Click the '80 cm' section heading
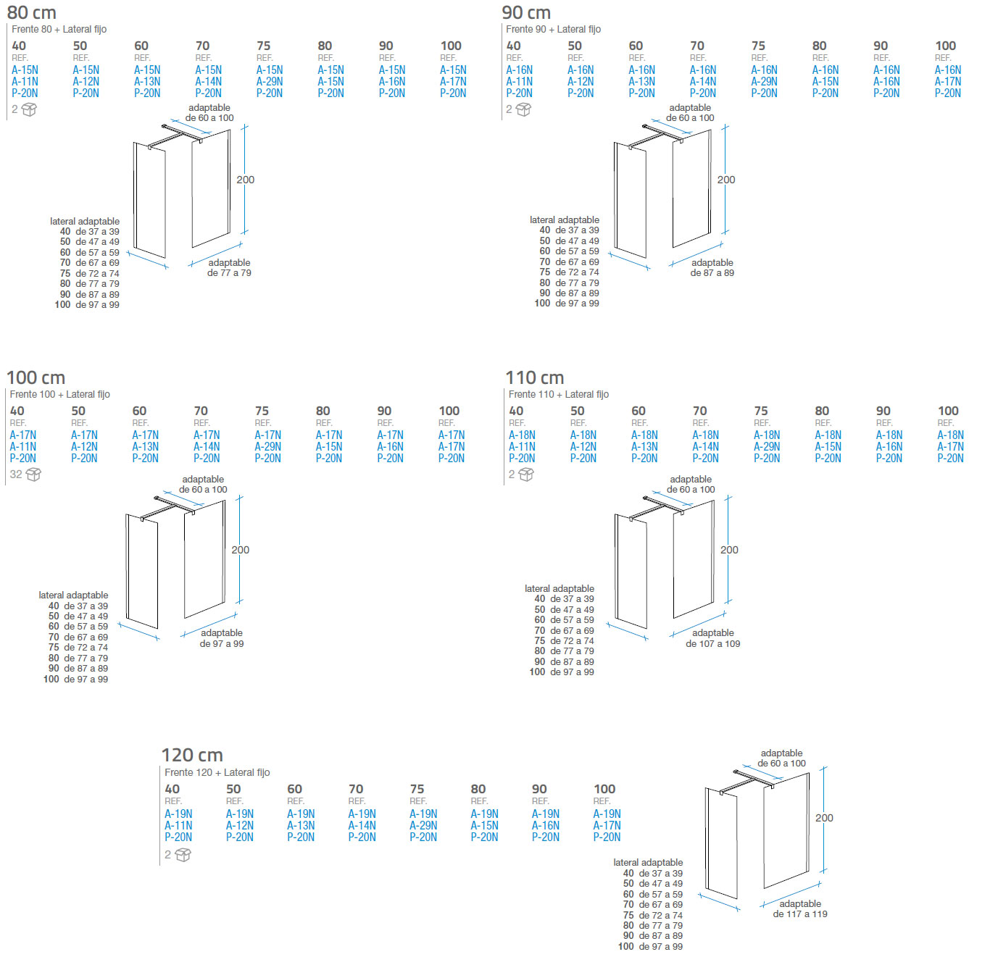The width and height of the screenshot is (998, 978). pyautogui.click(x=31, y=12)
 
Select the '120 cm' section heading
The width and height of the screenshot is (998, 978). pyautogui.click(x=192, y=755)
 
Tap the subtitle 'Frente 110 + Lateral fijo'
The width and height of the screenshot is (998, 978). pyautogui.click(x=558, y=394)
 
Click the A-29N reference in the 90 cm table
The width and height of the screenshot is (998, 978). pyautogui.click(x=764, y=82)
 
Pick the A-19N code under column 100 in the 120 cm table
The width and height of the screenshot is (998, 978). pyautogui.click(x=607, y=814)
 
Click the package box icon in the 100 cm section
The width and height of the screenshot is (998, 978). pyautogui.click(x=33, y=475)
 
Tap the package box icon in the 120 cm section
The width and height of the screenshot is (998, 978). pyautogui.click(x=183, y=855)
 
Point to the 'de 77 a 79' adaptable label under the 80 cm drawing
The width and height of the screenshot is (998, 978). pyautogui.click(x=229, y=273)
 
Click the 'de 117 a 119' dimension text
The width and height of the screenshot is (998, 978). pyautogui.click(x=800, y=914)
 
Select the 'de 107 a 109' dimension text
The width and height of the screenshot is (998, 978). pyautogui.click(x=713, y=643)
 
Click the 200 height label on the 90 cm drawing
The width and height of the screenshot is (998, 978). pyautogui.click(x=726, y=180)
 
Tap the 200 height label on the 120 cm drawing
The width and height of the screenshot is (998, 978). pyautogui.click(x=824, y=818)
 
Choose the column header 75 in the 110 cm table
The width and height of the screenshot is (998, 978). pyautogui.click(x=761, y=411)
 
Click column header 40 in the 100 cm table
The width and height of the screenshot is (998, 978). pyautogui.click(x=17, y=411)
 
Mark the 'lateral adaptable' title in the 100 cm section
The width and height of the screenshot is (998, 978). pyautogui.click(x=73, y=595)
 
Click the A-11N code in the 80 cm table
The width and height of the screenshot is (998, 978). pyautogui.click(x=25, y=82)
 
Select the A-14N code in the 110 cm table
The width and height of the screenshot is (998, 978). pyautogui.click(x=705, y=447)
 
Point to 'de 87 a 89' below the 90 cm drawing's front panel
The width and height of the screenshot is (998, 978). pyautogui.click(x=712, y=273)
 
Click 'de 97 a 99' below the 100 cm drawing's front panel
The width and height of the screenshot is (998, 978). pyautogui.click(x=222, y=643)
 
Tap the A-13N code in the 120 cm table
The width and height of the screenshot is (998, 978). pyautogui.click(x=301, y=825)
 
